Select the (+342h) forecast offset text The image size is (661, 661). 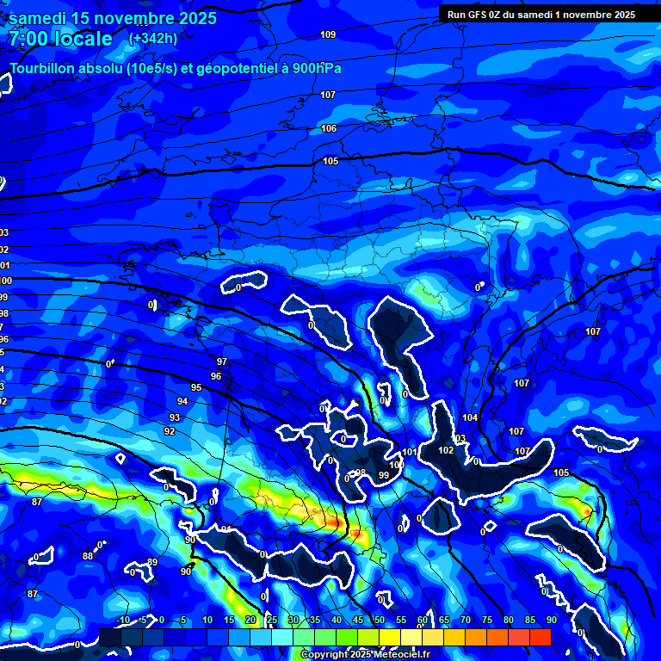click(x=153, y=39)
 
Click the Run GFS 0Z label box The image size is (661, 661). click(x=541, y=15)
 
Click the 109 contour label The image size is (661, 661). click(x=328, y=34)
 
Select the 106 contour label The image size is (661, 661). click(x=329, y=128)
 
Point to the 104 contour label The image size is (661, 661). click(x=469, y=417)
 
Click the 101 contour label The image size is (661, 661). click(x=409, y=452)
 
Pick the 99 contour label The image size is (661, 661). click(x=383, y=474)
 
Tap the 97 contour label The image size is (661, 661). click(x=222, y=361)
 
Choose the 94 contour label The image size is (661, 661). click(x=182, y=402)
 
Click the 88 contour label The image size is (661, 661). click(x=88, y=556)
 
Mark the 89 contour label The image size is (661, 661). click(x=152, y=562)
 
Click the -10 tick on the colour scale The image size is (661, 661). click(x=123, y=620)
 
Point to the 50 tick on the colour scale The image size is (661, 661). click(x=380, y=620)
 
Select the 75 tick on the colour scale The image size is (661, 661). click(x=487, y=620)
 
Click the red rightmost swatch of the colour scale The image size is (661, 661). click(x=540, y=637)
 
